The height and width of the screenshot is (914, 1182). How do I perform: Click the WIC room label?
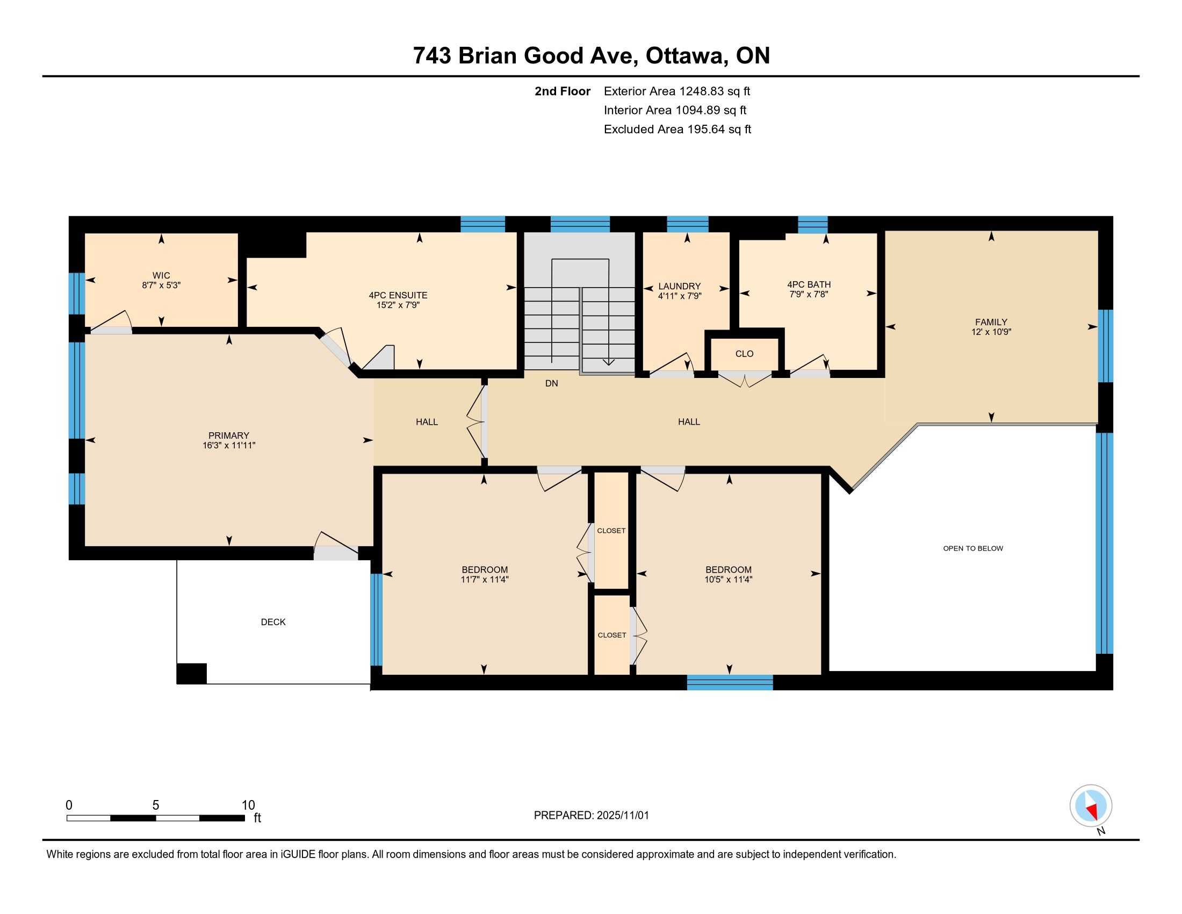point(161,276)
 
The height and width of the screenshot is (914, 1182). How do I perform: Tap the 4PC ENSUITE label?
point(398,295)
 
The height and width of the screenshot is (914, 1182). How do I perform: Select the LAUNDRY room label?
point(679,286)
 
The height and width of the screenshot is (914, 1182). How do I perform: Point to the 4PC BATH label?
point(809,284)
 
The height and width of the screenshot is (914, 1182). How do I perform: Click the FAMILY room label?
point(991,322)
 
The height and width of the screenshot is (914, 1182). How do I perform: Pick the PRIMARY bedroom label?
point(229,435)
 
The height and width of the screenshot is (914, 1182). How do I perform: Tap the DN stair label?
point(551,383)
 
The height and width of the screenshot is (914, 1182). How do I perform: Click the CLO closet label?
point(744,354)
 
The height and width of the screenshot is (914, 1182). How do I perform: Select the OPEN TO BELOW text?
point(973,548)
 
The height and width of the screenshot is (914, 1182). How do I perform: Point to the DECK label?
point(273,622)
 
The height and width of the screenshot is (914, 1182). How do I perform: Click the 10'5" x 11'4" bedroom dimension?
point(729,580)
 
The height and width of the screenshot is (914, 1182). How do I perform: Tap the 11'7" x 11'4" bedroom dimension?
point(485,580)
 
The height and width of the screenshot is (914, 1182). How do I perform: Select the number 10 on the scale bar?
point(248,805)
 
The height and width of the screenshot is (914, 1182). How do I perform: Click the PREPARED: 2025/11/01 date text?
point(591,816)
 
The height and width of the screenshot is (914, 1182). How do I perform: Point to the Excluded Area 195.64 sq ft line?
point(678,130)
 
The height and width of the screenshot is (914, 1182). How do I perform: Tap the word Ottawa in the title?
point(686,56)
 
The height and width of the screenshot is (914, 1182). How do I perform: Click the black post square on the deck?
point(192,674)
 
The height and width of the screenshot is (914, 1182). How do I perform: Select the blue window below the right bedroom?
point(730,682)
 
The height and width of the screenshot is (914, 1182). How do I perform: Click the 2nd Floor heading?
point(563,91)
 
